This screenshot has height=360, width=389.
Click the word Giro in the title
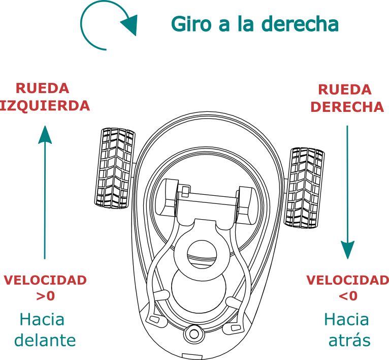click(191, 24)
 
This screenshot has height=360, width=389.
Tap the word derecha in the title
click(300, 23)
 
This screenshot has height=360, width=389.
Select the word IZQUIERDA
click(45, 106)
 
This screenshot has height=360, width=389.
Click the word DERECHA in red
click(347, 107)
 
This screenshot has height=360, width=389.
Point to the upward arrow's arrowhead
click(45, 134)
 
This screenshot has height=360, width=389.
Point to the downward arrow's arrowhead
click(347, 250)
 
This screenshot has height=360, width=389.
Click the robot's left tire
click(115, 168)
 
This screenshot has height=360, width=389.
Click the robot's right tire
click(304, 188)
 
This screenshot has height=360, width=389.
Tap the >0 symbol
click(45, 296)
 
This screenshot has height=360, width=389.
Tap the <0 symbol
click(348, 296)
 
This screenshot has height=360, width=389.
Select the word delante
click(45, 340)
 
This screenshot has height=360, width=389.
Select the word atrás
click(349, 340)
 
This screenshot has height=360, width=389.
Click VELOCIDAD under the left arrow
click(45, 280)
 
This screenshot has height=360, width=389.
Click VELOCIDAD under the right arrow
click(347, 280)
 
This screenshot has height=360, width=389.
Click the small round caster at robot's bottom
click(195, 334)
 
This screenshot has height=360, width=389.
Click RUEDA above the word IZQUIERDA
click(43, 88)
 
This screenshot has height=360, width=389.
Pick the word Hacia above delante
click(42, 319)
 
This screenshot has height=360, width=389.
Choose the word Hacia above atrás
click(346, 319)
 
